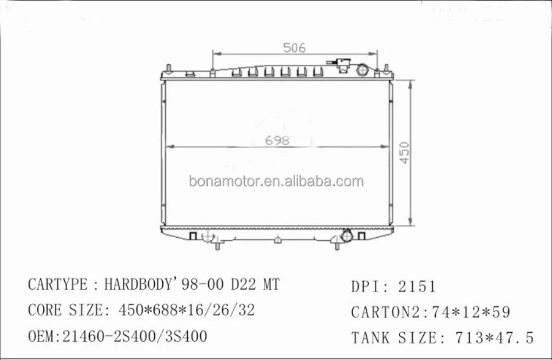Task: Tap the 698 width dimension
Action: click(277, 140)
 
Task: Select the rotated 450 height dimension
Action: click(404, 152)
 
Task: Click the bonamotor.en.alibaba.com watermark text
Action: click(276, 181)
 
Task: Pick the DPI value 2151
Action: click(417, 287)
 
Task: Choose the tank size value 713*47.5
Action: click(494, 338)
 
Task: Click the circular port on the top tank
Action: click(363, 71)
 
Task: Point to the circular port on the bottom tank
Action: click(347, 237)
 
